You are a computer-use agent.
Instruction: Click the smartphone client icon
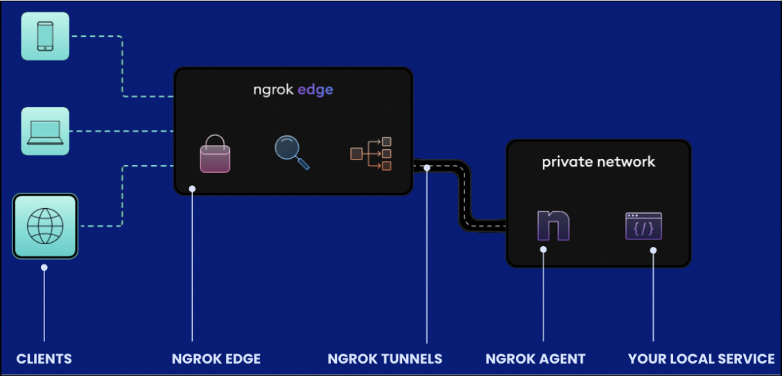(45, 35)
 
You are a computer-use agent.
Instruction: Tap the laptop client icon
(45, 130)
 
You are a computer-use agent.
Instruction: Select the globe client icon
(45, 225)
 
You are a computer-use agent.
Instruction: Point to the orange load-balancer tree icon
(371, 153)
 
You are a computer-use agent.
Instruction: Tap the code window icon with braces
(643, 226)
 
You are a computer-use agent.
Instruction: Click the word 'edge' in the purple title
(315, 90)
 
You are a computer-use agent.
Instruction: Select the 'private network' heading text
(598, 162)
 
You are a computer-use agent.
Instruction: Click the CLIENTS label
(44, 359)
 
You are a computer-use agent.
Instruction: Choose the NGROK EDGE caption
(216, 359)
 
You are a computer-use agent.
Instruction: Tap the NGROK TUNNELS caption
(385, 359)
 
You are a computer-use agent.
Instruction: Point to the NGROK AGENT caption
(535, 359)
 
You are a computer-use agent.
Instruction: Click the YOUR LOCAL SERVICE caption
(701, 359)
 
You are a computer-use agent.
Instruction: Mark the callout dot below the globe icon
(44, 267)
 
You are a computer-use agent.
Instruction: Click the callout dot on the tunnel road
(428, 167)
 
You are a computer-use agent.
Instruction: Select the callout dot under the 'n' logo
(544, 249)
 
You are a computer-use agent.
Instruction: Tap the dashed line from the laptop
(121, 130)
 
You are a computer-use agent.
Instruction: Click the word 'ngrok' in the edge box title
(273, 90)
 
